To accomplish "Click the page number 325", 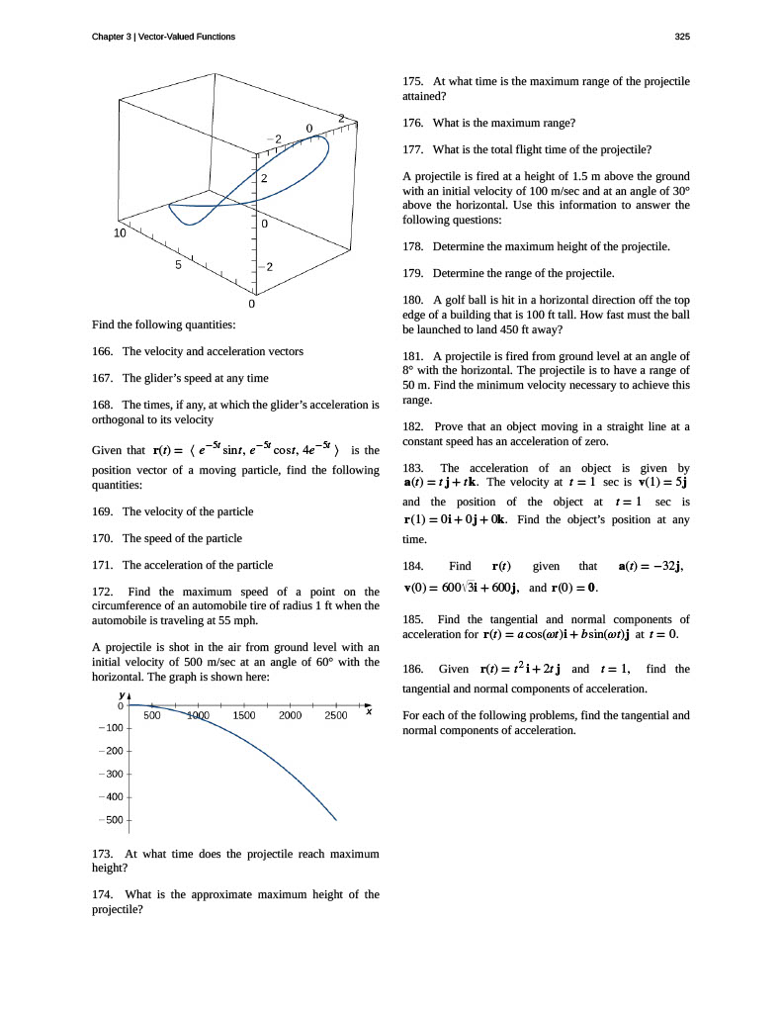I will (x=681, y=37).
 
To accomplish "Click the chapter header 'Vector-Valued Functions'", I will (x=187, y=37).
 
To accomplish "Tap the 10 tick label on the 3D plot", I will (x=120, y=233).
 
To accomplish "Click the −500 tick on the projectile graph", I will (x=109, y=820).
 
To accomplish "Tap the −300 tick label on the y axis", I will (x=109, y=774).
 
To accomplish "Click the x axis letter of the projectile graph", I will (x=368, y=710).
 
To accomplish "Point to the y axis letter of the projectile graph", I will (x=121, y=695).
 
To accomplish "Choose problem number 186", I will (x=414, y=669).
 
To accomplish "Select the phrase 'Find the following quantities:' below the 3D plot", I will (x=163, y=323).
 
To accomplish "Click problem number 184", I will (x=414, y=567).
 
